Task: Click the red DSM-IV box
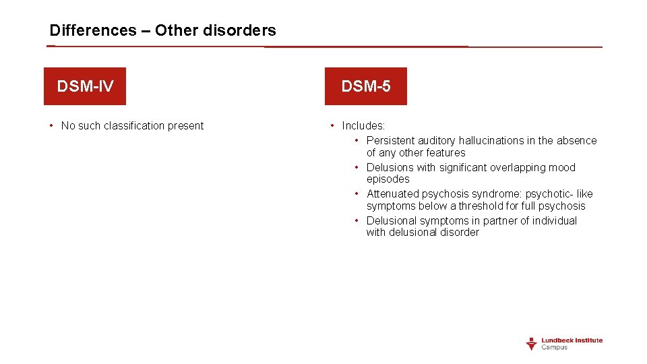pyautogui.click(x=85, y=86)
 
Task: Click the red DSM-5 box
pyautogui.click(x=365, y=86)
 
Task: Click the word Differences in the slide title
pyautogui.click(x=93, y=30)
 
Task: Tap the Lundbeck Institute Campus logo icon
pyautogui.click(x=531, y=344)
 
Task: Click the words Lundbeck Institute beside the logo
pyautogui.click(x=572, y=340)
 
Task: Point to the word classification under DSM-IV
pyautogui.click(x=132, y=125)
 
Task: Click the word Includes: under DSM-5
pyautogui.click(x=363, y=125)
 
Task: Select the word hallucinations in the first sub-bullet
pyautogui.click(x=491, y=140)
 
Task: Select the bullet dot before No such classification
pyautogui.click(x=51, y=125)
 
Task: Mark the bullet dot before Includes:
pyautogui.click(x=332, y=125)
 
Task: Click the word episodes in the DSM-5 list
pyautogui.click(x=388, y=179)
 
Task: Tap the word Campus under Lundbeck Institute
pyautogui.click(x=555, y=348)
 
